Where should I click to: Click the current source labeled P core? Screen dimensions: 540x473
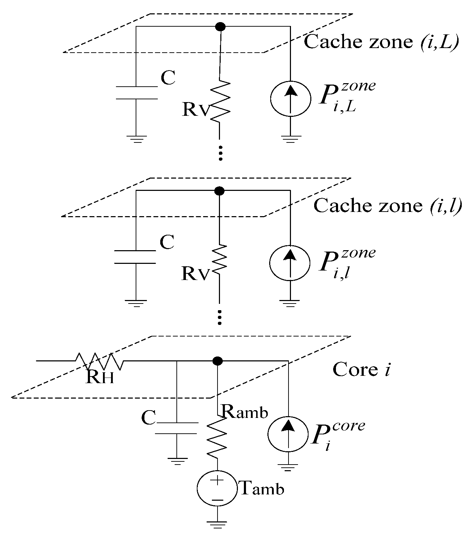[x=288, y=434]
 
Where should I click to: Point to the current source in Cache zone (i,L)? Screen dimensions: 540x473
[x=290, y=98]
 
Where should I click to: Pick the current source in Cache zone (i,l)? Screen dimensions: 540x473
[x=290, y=262]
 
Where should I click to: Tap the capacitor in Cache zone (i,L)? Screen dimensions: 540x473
[x=136, y=93]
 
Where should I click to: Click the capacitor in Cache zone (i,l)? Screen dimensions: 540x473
[x=136, y=257]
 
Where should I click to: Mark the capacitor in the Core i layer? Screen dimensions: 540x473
[x=176, y=428]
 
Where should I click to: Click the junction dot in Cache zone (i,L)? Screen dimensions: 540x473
[x=220, y=26]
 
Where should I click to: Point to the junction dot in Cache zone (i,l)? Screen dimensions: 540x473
[x=219, y=191]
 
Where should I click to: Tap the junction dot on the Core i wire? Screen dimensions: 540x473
[x=218, y=361]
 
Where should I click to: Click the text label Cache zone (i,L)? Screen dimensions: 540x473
[x=381, y=42]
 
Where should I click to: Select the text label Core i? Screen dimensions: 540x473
[x=361, y=370]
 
